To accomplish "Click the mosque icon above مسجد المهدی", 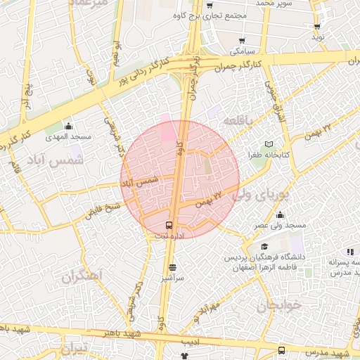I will [70, 124].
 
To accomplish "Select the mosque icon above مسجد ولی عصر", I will [281, 214].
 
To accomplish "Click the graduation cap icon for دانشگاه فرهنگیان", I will [264, 246].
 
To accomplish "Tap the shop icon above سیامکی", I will [242, 41].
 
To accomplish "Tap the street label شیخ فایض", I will [103, 210].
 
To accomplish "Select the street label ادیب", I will [186, 341].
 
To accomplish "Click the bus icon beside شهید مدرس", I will [281, 350].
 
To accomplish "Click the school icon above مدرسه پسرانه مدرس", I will [349, 252].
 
